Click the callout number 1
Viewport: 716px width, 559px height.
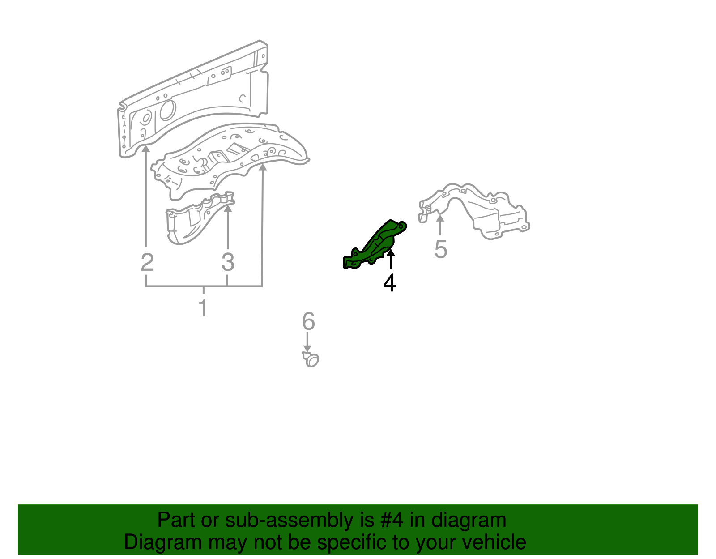click(203, 308)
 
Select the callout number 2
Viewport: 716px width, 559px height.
click(147, 262)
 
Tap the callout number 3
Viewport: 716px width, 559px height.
click(228, 262)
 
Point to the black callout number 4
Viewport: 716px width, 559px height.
click(390, 283)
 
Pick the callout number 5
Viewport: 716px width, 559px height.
click(441, 249)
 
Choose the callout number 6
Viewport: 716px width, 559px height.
click(308, 321)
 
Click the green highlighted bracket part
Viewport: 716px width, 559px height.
click(375, 245)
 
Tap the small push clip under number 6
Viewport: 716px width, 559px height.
click(311, 359)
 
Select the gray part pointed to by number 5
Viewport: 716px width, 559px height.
click(483, 210)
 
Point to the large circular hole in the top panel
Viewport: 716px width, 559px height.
click(167, 110)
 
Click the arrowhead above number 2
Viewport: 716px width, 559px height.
click(146, 148)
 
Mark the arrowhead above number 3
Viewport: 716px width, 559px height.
click(228, 207)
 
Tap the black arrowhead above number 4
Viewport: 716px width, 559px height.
click(391, 252)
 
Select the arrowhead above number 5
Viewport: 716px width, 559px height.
click(440, 218)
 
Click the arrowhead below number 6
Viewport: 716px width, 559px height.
click(307, 349)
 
